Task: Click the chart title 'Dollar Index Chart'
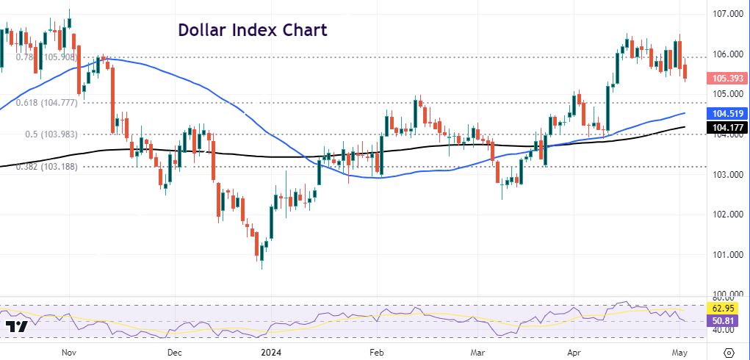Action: (252, 31)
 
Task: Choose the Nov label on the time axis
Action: (70, 352)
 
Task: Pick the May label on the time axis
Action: (680, 352)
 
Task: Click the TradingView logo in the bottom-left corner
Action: (16, 327)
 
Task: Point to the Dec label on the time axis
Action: (174, 352)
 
